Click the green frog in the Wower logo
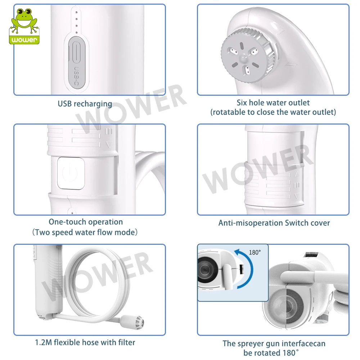pyautogui.click(x=24, y=20)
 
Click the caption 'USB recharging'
pyautogui.click(x=85, y=104)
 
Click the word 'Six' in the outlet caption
pyautogui.click(x=242, y=103)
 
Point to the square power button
pyautogui.click(x=71, y=173)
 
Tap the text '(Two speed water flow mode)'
pyautogui.click(x=85, y=232)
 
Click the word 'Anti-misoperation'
pyautogui.click(x=251, y=223)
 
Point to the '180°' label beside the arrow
pyautogui.click(x=255, y=253)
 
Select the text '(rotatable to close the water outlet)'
pyautogui.click(x=273, y=112)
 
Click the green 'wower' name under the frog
pyautogui.click(x=24, y=40)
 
